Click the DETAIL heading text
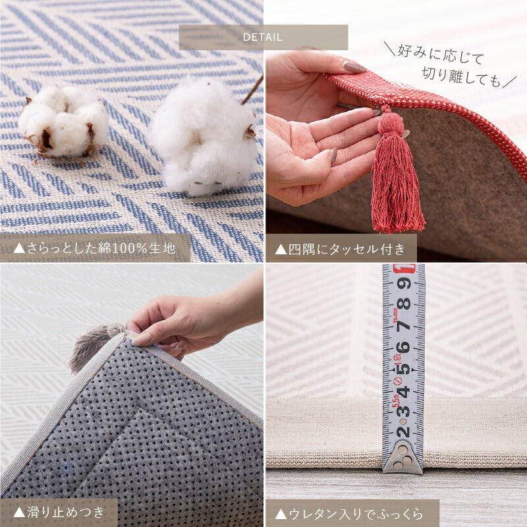pos(262,38)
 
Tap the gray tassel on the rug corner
pos(95,347)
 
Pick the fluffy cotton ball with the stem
pos(205,136)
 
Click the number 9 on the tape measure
pos(404,283)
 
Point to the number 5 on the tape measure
pos(404,369)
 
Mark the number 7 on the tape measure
pos(404,325)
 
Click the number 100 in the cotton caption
pos(124,248)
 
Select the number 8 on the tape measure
pos(404,304)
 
